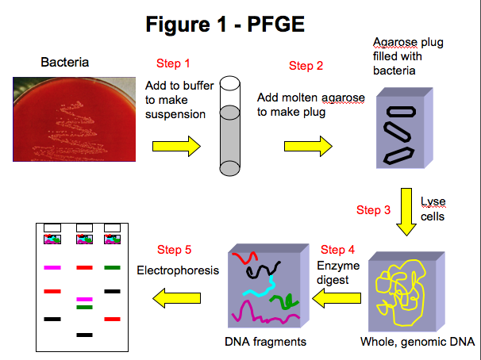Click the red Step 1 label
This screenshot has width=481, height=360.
[x=173, y=63]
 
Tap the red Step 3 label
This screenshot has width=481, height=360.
[x=373, y=210]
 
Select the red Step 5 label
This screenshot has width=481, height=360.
[x=175, y=250]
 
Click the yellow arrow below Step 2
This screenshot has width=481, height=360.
[x=308, y=147]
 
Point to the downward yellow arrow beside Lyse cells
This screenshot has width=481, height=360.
[x=406, y=212]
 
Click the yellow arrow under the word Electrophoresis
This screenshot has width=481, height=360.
[x=177, y=298]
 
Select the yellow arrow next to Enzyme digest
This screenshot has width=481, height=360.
[x=337, y=298]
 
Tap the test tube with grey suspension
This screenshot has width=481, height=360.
[x=229, y=126]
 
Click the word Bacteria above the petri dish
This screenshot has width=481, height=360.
[x=65, y=62]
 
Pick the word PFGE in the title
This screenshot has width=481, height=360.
[x=275, y=25]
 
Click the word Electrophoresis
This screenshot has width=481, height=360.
[x=178, y=270]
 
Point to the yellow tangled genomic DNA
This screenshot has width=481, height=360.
[x=401, y=293]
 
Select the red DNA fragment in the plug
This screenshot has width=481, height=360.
[x=244, y=258]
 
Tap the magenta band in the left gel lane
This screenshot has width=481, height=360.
[x=52, y=267]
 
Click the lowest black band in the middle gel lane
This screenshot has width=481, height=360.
[x=84, y=335]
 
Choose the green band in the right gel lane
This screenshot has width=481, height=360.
[x=112, y=267]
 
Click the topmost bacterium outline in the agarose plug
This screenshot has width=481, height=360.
[x=402, y=112]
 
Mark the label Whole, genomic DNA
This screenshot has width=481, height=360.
[x=418, y=342]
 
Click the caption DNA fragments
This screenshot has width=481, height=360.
[x=265, y=342]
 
